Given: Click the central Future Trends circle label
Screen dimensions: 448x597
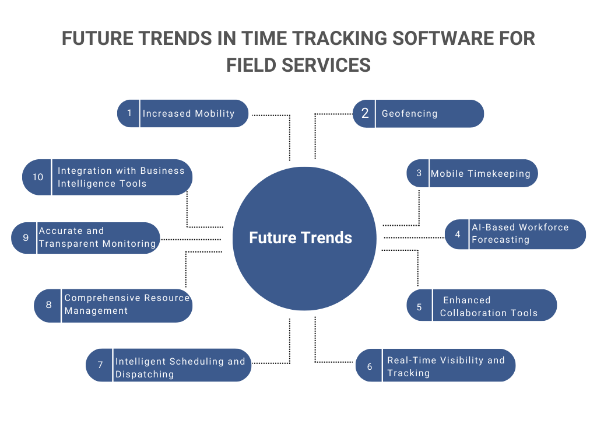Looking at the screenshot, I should click(300, 238).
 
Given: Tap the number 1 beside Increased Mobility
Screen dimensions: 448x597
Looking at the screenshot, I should click(129, 113).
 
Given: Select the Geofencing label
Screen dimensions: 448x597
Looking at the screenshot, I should click(409, 114).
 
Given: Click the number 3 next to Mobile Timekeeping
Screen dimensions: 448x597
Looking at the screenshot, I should click(419, 173).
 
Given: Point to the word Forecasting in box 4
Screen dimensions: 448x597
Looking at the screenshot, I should click(500, 240).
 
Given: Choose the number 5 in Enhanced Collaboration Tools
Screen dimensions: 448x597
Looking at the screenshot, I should click(419, 307).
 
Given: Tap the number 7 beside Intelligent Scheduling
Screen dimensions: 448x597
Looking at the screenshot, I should click(100, 365).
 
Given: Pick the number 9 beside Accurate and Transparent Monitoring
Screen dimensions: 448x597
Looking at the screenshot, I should click(26, 237).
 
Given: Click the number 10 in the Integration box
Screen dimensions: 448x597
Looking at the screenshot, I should click(38, 177).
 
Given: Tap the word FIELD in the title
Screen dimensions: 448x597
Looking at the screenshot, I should click(251, 64).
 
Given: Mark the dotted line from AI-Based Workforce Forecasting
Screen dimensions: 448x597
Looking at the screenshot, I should click(414, 237).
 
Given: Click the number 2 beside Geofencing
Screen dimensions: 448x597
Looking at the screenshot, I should click(365, 114).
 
